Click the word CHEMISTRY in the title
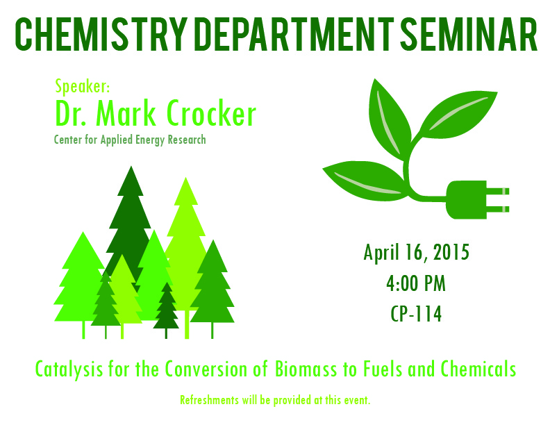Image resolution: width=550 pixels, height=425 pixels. [100, 34]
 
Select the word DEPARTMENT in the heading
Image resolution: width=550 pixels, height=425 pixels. [294, 34]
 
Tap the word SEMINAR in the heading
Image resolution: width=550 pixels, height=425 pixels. [469, 34]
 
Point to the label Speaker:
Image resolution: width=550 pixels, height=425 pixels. [83, 87]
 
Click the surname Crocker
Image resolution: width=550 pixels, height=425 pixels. [212, 113]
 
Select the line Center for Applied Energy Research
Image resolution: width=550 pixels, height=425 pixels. [130, 140]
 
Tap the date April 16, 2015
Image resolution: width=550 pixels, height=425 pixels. [417, 253]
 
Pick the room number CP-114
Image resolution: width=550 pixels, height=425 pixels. [416, 313]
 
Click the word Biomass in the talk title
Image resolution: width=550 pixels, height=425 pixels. [306, 369]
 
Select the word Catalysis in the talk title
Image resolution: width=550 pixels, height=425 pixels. [69, 369]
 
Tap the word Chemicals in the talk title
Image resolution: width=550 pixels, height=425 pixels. [478, 369]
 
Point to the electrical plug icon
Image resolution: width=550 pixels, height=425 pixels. [477, 200]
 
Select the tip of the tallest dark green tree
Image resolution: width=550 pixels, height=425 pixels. [131, 167]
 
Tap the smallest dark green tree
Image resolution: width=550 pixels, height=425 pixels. [166, 310]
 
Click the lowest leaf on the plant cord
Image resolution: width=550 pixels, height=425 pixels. [365, 181]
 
